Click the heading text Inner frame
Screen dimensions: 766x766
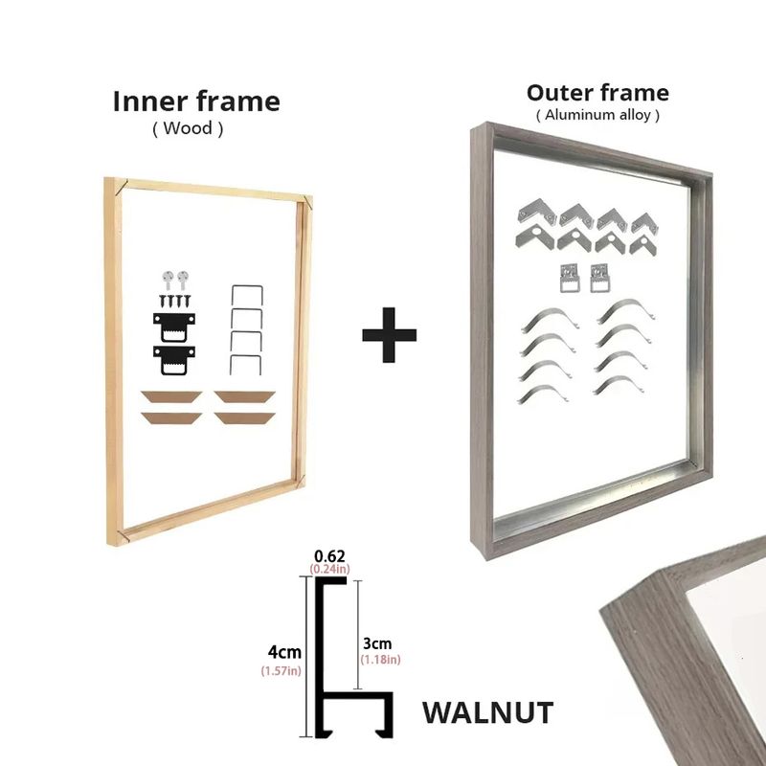(x=196, y=101)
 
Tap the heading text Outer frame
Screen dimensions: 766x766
(x=597, y=93)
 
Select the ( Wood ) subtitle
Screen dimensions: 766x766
(x=188, y=128)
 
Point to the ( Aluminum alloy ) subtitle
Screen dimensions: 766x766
(x=597, y=115)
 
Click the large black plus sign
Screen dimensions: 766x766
(x=390, y=334)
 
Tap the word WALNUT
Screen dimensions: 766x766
(x=487, y=712)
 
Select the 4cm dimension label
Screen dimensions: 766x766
(x=284, y=652)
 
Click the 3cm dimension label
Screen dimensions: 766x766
(x=377, y=643)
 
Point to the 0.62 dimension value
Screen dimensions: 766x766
(x=329, y=556)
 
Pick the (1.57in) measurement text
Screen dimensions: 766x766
(x=281, y=671)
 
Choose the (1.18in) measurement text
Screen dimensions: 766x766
(x=380, y=660)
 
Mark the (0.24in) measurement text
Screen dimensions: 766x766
(x=329, y=569)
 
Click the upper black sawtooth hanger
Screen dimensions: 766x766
(x=174, y=327)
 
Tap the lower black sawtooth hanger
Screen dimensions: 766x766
(x=174, y=359)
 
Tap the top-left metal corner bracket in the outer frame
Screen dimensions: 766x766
(x=536, y=211)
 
